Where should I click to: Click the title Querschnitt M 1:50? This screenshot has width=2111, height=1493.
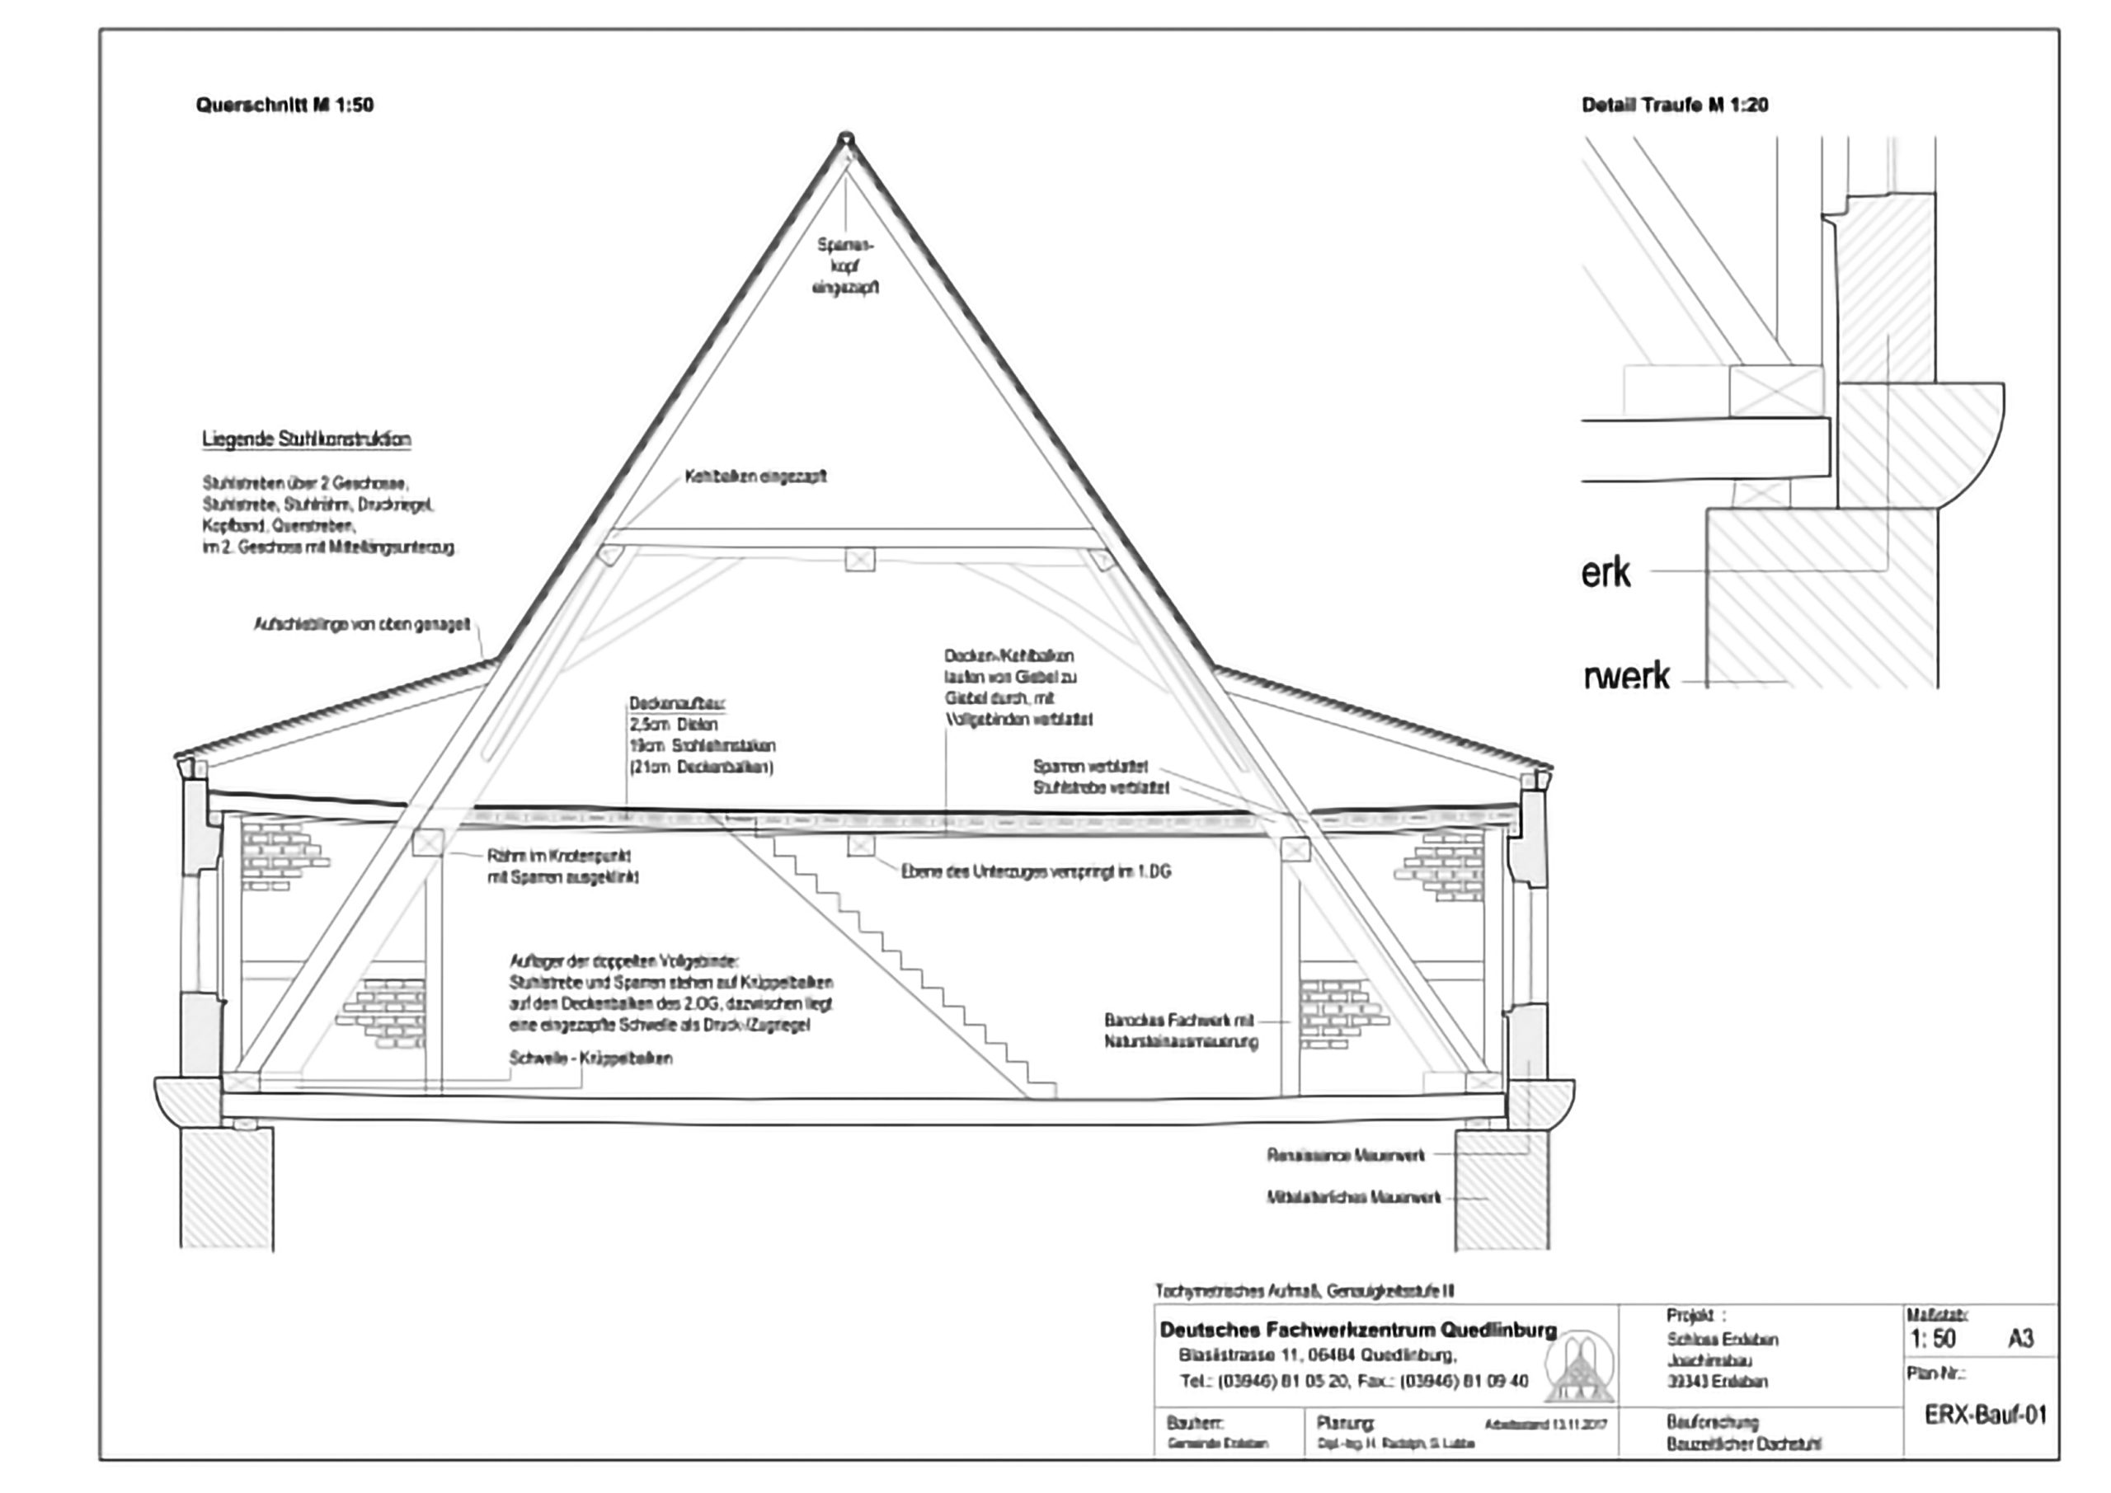tap(284, 105)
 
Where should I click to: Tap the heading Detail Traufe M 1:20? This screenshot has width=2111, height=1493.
tap(1674, 105)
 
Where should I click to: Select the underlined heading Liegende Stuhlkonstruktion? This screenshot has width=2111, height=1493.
tap(306, 439)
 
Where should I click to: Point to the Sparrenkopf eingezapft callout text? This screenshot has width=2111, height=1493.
tap(846, 266)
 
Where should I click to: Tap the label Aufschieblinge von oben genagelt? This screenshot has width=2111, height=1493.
tap(361, 625)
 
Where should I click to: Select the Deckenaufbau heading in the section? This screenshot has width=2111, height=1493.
tap(678, 704)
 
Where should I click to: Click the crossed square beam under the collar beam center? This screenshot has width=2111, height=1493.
tap(860, 559)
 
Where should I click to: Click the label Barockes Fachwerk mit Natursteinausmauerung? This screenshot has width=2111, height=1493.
tap(1181, 1031)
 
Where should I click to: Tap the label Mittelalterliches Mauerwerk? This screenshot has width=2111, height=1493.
tap(1353, 1198)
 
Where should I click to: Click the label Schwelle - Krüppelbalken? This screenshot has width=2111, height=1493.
tap(590, 1059)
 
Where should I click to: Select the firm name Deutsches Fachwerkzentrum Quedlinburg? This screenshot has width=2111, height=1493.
tap(1358, 1330)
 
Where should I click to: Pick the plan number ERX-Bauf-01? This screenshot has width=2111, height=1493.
tap(1986, 1414)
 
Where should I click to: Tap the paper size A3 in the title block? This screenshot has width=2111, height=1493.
tap(2020, 1339)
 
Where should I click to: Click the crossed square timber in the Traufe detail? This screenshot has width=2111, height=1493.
tap(1775, 391)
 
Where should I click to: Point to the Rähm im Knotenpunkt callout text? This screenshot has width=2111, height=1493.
tap(562, 866)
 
